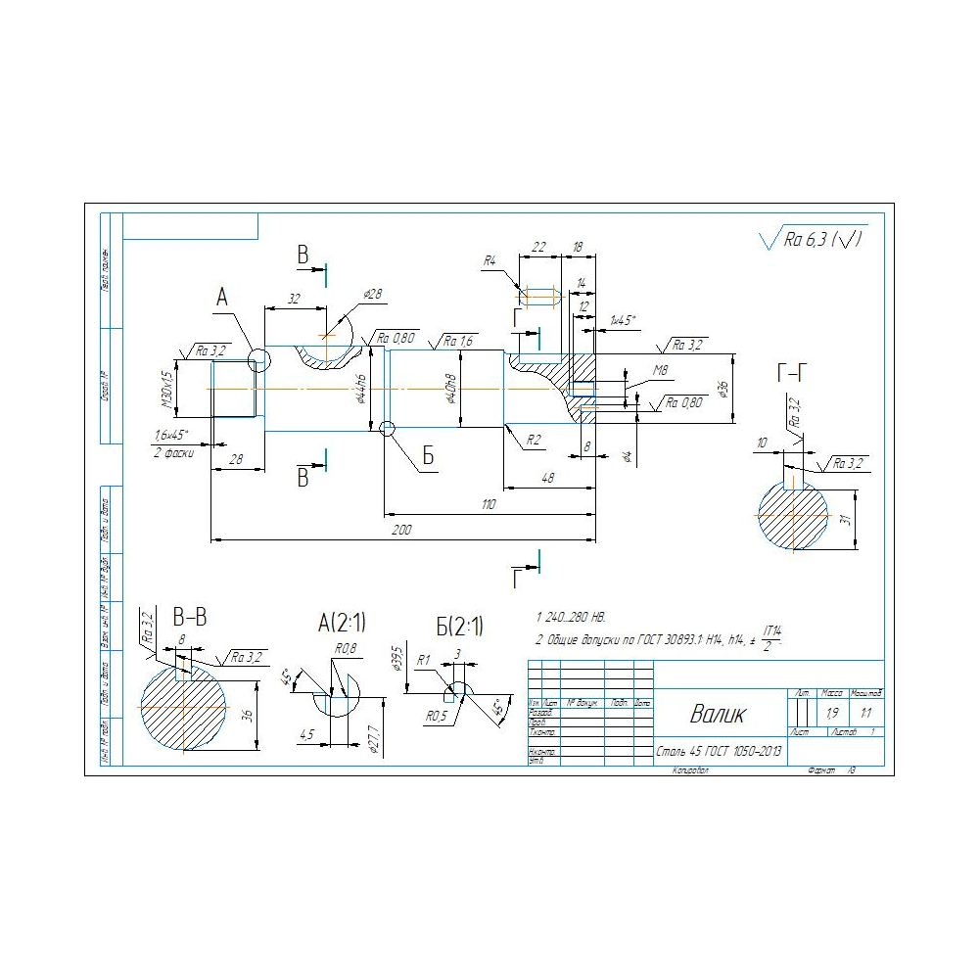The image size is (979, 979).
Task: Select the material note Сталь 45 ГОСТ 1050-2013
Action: point(720,752)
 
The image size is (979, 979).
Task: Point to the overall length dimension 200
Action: point(401,530)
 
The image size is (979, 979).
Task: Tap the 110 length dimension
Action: point(489,504)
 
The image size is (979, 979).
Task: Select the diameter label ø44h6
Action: point(362,389)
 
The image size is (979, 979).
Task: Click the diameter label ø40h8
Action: point(451,389)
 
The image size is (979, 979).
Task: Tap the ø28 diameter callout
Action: point(372,294)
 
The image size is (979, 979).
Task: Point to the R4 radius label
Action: point(489,261)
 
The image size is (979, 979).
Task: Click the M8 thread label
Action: point(661,370)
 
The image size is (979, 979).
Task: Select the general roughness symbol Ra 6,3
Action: point(813,238)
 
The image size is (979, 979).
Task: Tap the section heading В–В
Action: point(189,618)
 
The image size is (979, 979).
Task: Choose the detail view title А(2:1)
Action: point(342,622)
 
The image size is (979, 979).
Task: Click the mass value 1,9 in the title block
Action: point(832,713)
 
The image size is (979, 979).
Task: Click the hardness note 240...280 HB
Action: point(575,618)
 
